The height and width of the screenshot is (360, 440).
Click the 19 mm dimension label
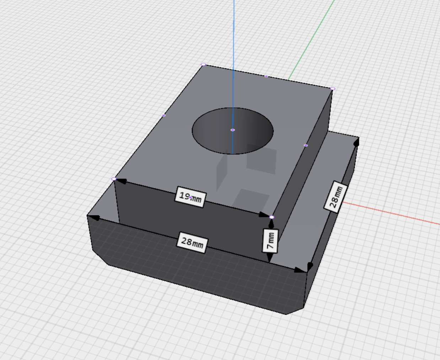(x=190, y=197)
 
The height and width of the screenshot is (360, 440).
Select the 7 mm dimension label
(x=270, y=241)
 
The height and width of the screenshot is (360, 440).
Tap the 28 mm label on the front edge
(x=192, y=243)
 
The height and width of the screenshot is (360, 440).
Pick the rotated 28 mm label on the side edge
(x=336, y=197)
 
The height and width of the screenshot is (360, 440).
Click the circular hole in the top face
(x=233, y=131)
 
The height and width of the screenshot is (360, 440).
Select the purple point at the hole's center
(x=233, y=130)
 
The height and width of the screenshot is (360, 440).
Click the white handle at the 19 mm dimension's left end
(x=114, y=179)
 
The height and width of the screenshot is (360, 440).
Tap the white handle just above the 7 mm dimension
(x=272, y=217)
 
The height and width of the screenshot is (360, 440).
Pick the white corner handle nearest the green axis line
(x=333, y=89)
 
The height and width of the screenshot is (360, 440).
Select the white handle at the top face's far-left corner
(x=203, y=64)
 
